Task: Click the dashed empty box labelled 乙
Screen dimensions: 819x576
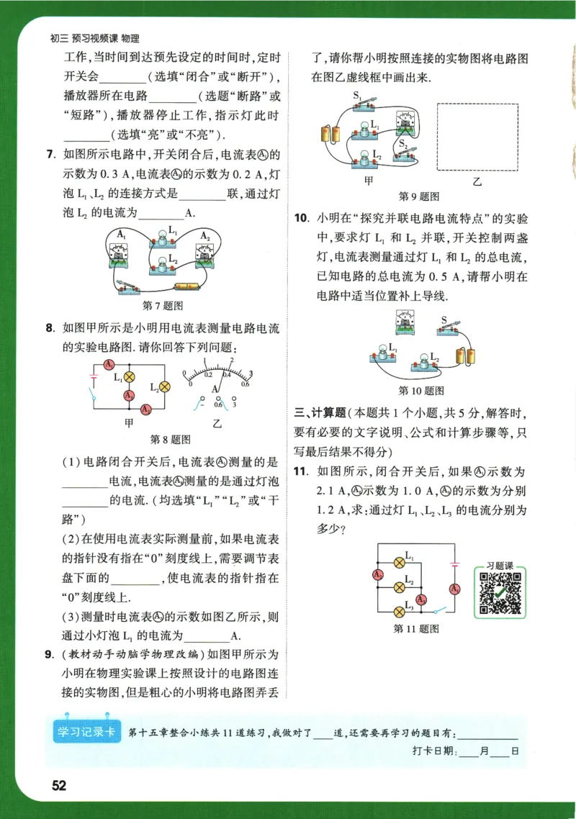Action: click(478, 137)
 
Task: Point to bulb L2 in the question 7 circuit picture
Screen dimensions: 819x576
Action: click(165, 266)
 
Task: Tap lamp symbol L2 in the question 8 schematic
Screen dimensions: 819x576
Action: click(164, 386)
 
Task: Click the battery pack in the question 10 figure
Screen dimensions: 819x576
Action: click(467, 356)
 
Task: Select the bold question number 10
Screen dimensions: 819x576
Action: click(302, 217)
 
